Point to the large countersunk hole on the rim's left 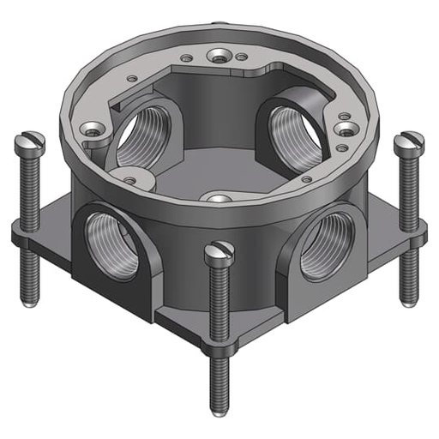coord(92,130)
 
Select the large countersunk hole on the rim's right coord(347,129)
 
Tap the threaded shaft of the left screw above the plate coord(29,189)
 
